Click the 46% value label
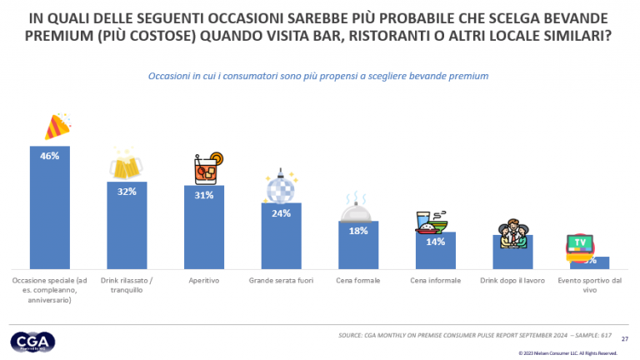[x=49, y=156]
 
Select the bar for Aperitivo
[x=203, y=229]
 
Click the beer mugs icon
[x=126, y=165]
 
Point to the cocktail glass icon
[x=207, y=167]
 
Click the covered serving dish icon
[x=357, y=207]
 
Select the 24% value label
[x=281, y=212]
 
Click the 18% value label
[x=358, y=231]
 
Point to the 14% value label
[x=435, y=242]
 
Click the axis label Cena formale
[x=358, y=281]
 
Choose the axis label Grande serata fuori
[x=281, y=281]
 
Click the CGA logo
[x=32, y=342]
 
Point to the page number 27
[x=626, y=338]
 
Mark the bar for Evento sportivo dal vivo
[x=589, y=262]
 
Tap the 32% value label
[x=127, y=191]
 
